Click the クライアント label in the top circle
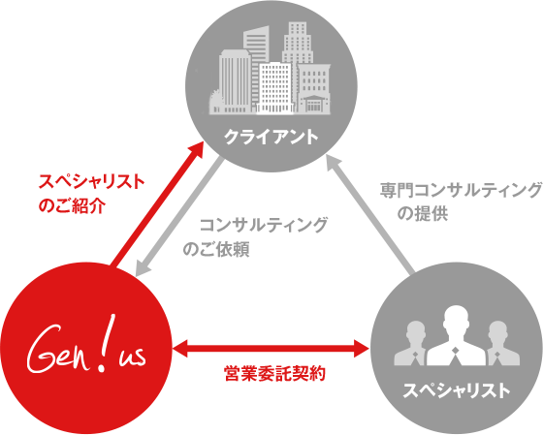pos(271,137)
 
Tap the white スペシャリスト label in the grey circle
pos(457,390)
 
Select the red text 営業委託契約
pos(275,374)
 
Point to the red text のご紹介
pos(72,205)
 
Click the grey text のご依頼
pos(216,249)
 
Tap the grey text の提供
pos(423,213)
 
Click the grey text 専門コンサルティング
pos(461,190)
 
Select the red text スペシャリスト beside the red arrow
pos(91,181)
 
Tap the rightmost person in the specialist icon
pos(500,344)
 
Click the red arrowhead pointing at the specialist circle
pos(361,349)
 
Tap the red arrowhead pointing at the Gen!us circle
pos(180,349)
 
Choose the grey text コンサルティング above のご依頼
pos(263,225)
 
